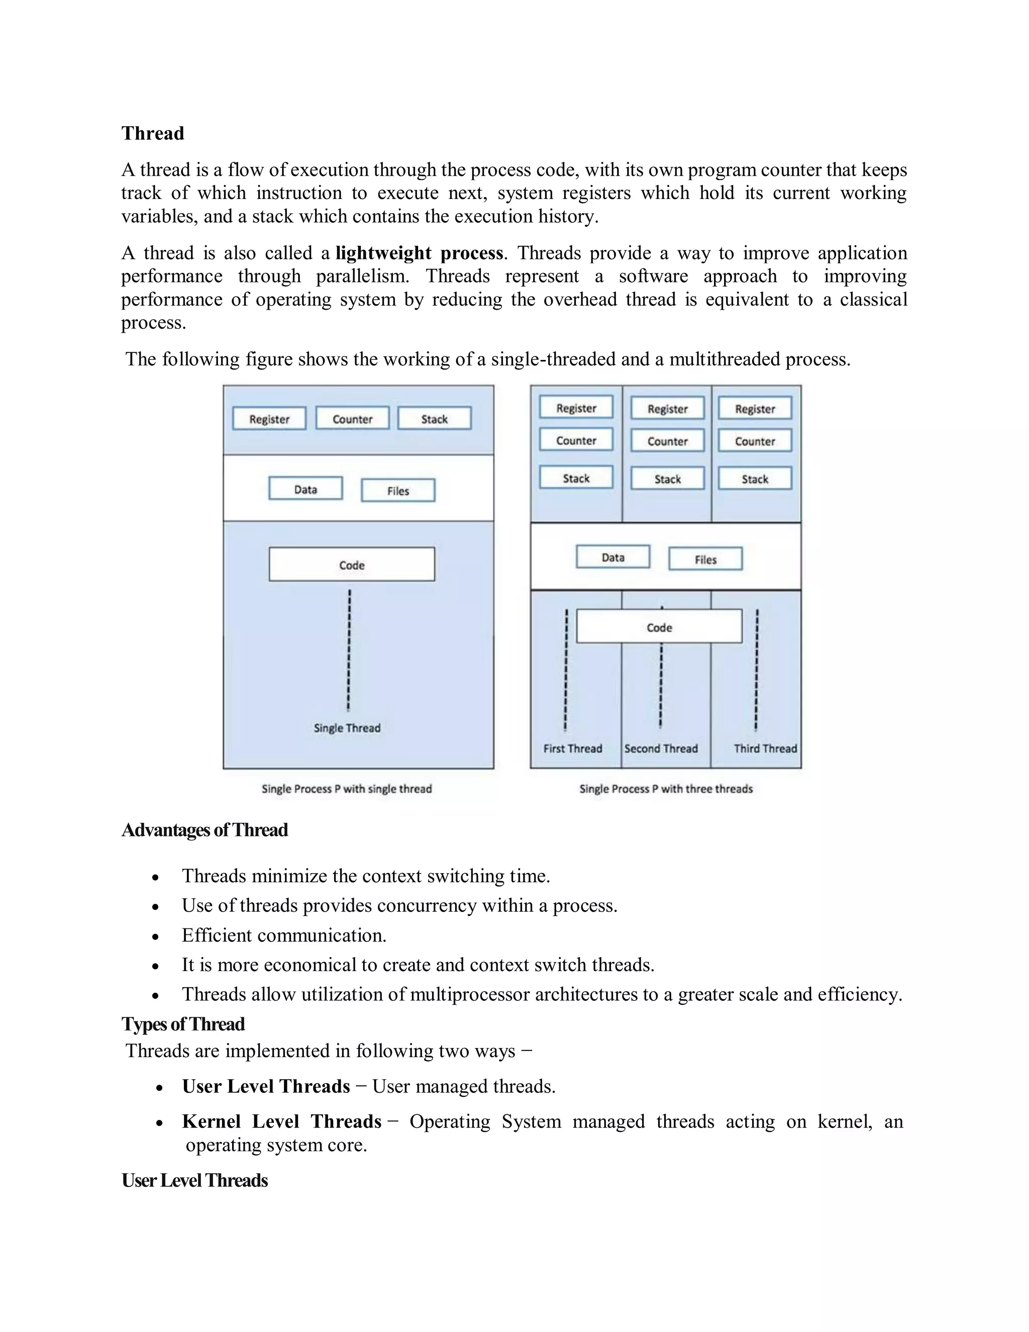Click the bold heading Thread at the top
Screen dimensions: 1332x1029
(152, 133)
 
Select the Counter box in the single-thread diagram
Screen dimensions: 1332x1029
(352, 418)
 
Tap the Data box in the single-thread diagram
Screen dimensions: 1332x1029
(305, 489)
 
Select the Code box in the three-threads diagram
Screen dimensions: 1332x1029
(659, 627)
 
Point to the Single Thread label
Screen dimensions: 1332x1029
(347, 728)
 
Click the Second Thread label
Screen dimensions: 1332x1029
(661, 748)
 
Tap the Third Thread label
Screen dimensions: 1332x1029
(765, 748)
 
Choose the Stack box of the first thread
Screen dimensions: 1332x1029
(576, 478)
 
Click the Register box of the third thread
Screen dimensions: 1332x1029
(755, 409)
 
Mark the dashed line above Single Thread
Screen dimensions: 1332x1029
(349, 649)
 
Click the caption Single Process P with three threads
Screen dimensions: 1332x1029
(666, 789)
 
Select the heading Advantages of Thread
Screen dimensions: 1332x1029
(204, 830)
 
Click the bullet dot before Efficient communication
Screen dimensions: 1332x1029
(156, 937)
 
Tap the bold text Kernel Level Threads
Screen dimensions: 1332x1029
(282, 1121)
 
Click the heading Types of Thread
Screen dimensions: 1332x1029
(183, 1024)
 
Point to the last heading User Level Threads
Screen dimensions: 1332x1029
(194, 1180)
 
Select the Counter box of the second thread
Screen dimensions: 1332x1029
(668, 441)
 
